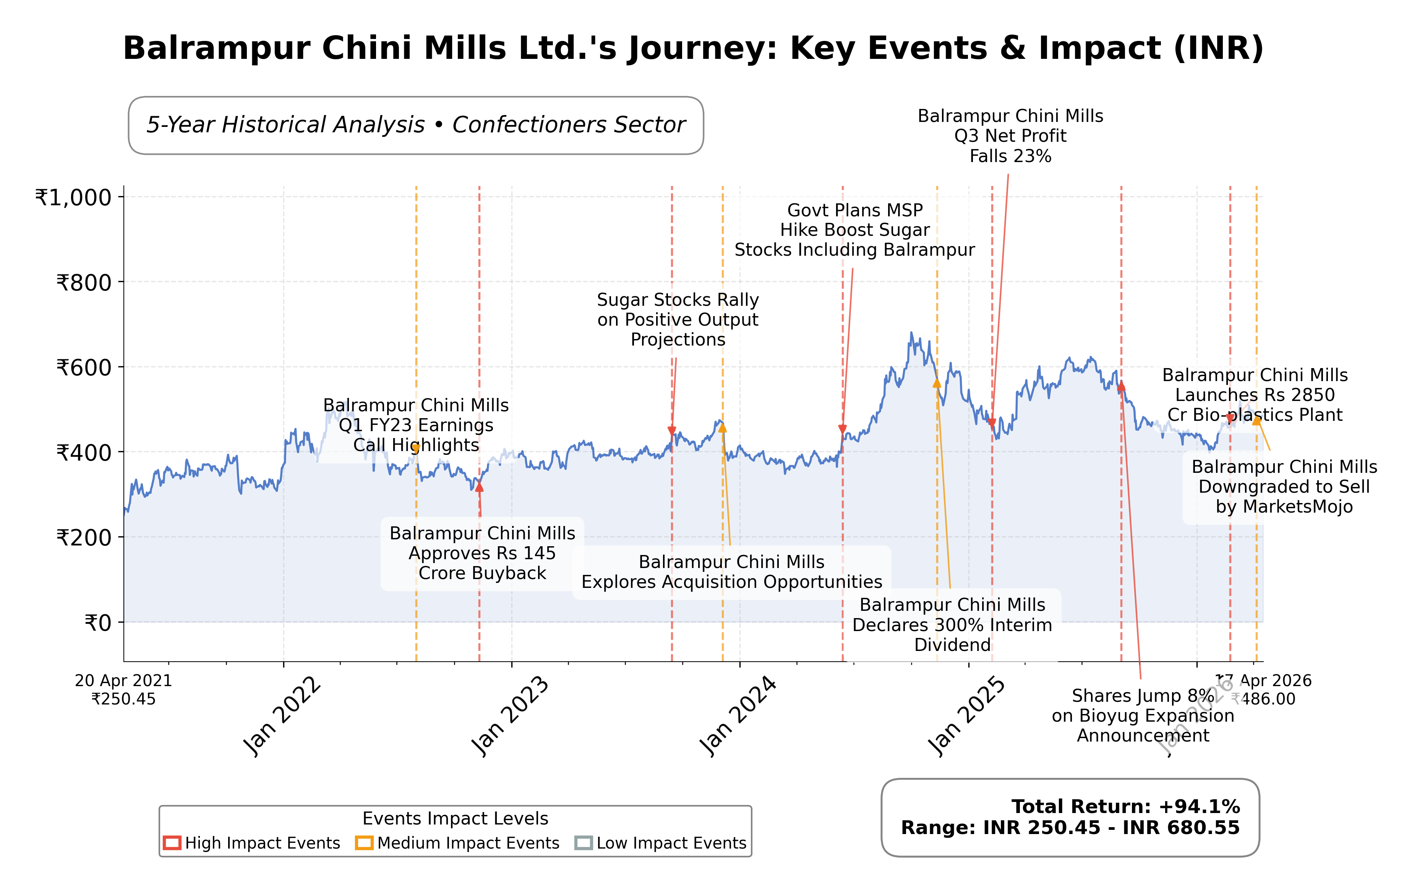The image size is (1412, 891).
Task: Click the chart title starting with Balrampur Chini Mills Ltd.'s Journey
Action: click(x=693, y=48)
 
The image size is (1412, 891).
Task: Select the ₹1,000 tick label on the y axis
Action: click(x=73, y=198)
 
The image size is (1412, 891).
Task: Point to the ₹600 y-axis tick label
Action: click(x=84, y=368)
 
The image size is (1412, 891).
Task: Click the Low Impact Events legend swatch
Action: click(x=584, y=843)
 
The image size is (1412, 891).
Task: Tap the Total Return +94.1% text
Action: click(x=1125, y=807)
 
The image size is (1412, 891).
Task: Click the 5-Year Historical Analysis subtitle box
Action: click(x=416, y=125)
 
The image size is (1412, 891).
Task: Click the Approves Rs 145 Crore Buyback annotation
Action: click(x=482, y=553)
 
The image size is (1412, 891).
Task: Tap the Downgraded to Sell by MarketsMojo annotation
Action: click(x=1284, y=487)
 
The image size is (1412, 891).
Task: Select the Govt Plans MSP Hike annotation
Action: click(x=854, y=230)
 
